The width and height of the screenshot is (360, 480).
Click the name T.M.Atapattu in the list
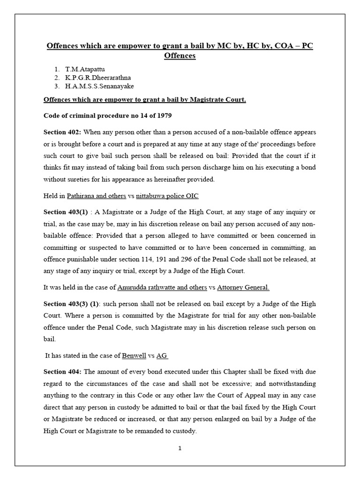pyautogui.click(x=86, y=69)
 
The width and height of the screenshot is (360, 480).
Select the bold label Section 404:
pyautogui.click(x=61, y=371)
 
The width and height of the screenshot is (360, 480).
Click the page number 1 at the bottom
pyautogui.click(x=180, y=448)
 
